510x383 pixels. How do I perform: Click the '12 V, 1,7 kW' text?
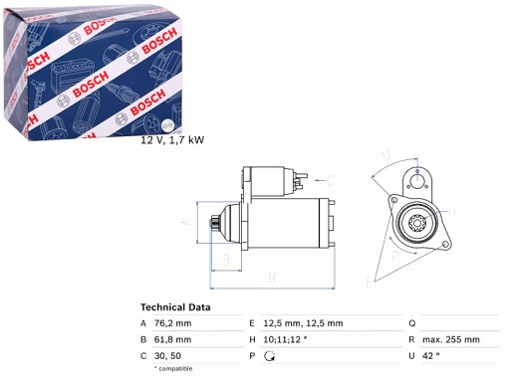172,141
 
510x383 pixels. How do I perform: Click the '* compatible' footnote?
177,369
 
